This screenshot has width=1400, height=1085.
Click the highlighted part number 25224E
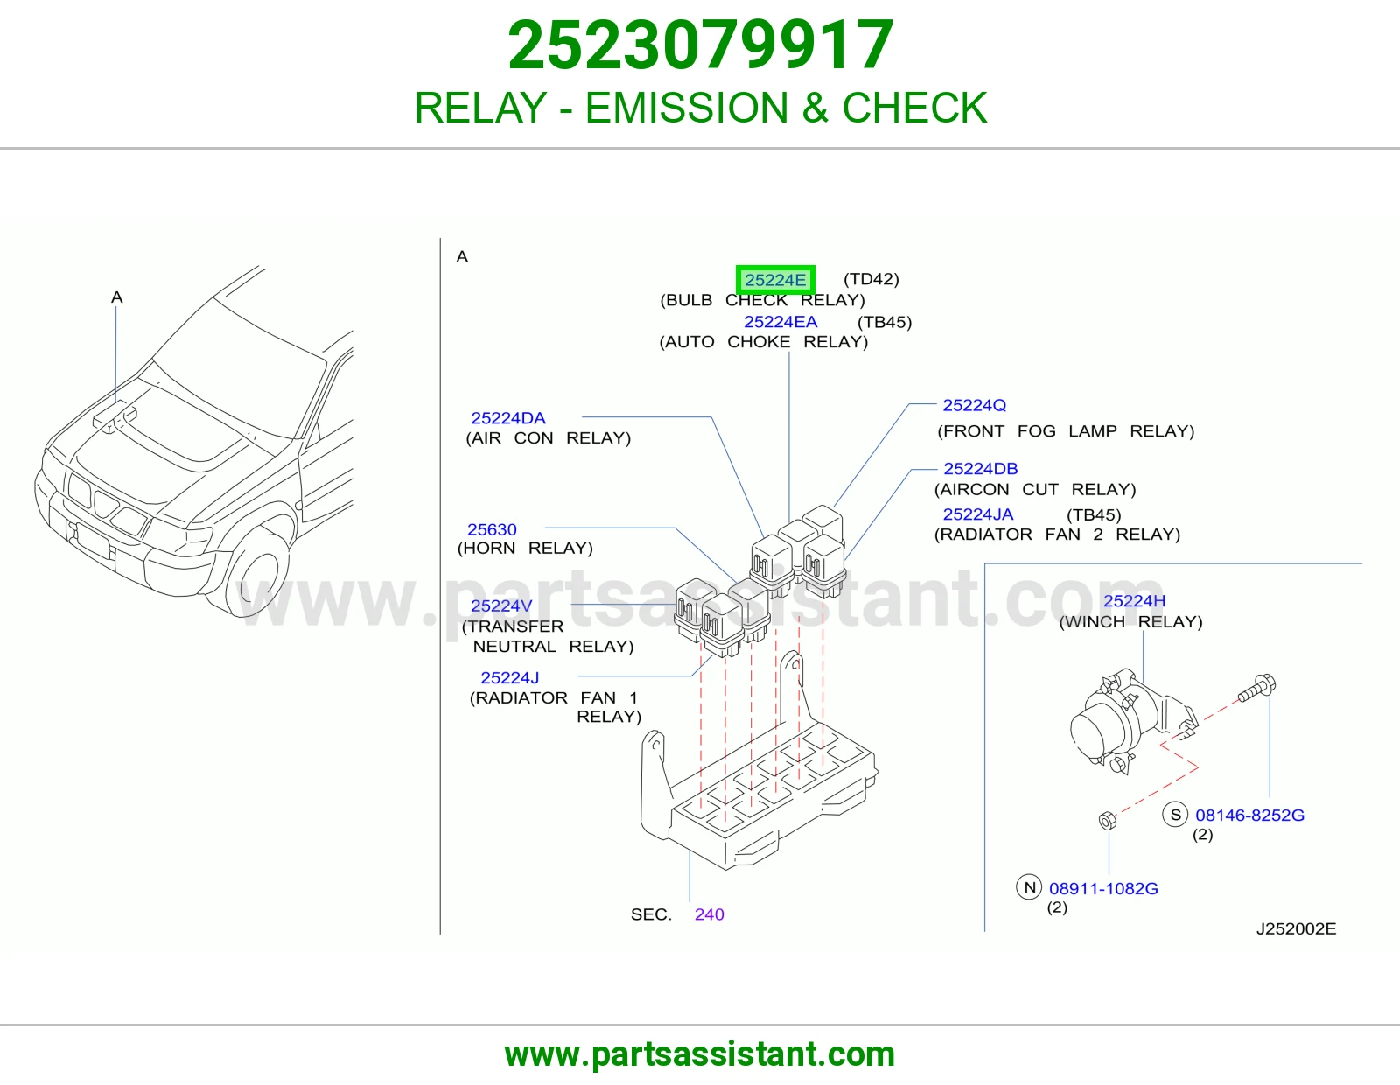tap(775, 280)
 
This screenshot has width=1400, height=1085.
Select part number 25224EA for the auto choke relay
tap(780, 321)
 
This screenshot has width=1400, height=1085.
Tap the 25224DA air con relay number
tap(508, 418)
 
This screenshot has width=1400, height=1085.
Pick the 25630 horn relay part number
tap(492, 529)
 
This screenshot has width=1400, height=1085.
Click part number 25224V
tap(501, 605)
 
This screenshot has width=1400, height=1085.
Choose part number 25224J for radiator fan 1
tap(509, 678)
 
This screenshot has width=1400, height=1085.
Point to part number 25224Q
tap(974, 405)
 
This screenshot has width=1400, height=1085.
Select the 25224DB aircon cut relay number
tap(981, 468)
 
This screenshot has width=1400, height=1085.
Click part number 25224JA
tap(978, 514)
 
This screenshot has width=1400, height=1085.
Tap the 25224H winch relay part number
tap(1134, 600)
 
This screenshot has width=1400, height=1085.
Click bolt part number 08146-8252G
tap(1249, 815)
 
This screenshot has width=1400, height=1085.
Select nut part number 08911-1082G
tap(1103, 888)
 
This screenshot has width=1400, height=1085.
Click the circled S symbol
tap(1175, 815)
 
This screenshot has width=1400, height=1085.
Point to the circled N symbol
tap(1029, 887)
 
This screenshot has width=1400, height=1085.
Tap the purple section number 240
tap(710, 914)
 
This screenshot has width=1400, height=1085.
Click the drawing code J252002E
tap(1296, 928)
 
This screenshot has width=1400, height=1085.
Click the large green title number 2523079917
tap(700, 45)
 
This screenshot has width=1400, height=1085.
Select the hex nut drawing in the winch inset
tap(1107, 820)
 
